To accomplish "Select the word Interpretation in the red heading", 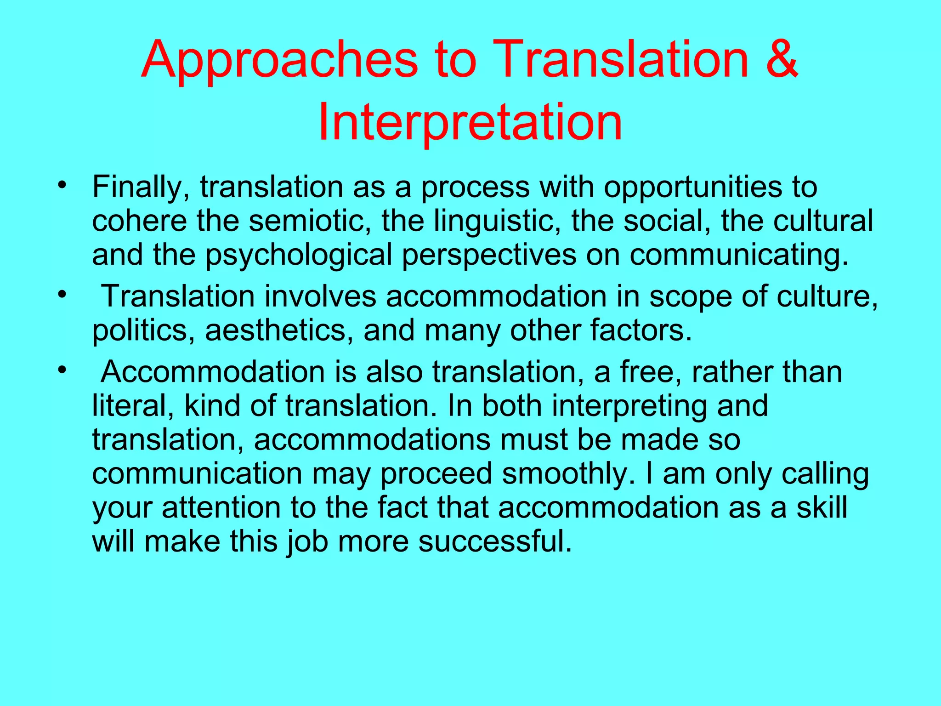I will tap(470, 122).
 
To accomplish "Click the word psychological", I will tap(299, 255).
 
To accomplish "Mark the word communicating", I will tap(738, 255).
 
